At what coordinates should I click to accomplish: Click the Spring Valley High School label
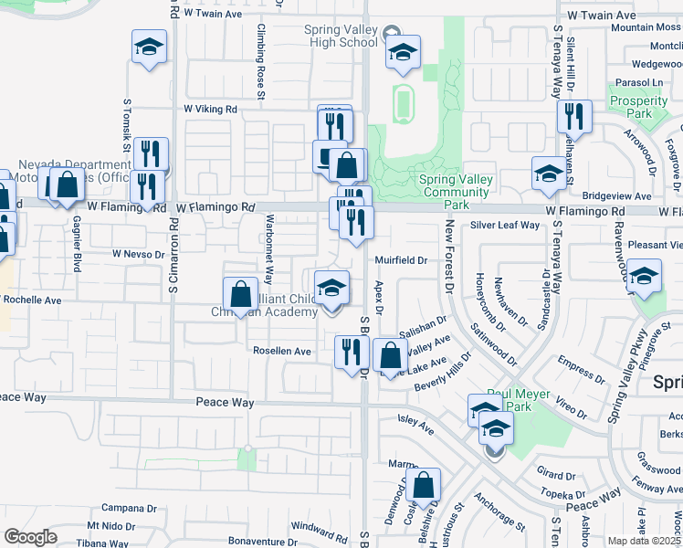pos(341,36)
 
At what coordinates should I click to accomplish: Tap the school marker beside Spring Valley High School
pos(402,54)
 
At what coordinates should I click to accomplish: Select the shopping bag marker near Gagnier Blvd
pos(68,185)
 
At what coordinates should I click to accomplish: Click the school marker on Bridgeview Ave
pos(548,176)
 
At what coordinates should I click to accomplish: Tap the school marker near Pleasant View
pos(644,279)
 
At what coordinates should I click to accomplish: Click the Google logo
pos(30,536)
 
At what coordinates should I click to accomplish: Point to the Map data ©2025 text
pos(644,541)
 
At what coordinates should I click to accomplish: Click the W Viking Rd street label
pos(210,109)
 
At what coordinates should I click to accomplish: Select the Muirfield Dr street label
pos(402,260)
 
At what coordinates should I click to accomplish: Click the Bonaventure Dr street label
pos(265,541)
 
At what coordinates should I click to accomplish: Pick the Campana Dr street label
pos(124,508)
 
